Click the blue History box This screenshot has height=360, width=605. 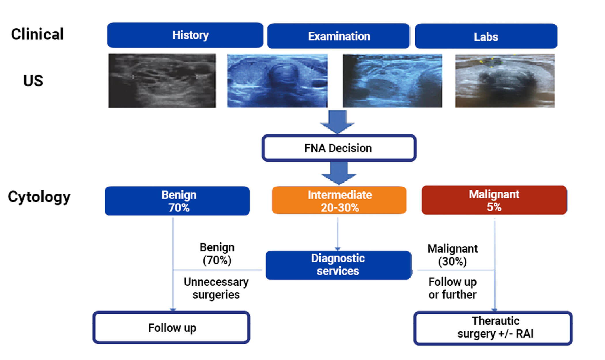[x=185, y=35]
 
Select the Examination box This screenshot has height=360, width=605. [x=339, y=36]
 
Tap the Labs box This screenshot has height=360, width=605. [x=486, y=37]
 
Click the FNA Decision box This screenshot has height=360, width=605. [x=339, y=148]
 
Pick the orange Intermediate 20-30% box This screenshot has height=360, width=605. [x=339, y=200]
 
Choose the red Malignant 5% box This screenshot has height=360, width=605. [x=494, y=200]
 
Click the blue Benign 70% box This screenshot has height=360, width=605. [x=177, y=201]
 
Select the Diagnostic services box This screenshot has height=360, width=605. [x=338, y=265]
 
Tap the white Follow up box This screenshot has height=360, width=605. [x=171, y=328]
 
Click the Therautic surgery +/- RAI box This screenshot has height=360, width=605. [x=493, y=328]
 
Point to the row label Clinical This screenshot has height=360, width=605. [x=37, y=34]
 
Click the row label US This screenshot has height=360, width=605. [x=33, y=81]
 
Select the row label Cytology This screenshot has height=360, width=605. [x=39, y=197]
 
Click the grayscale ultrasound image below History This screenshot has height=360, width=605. [x=162, y=81]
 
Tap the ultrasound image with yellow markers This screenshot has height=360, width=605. [x=505, y=81]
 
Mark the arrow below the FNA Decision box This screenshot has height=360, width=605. [x=339, y=173]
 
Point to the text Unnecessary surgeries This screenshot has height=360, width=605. [x=216, y=288]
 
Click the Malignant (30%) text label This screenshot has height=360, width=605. [x=452, y=255]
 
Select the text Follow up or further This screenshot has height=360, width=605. [x=452, y=288]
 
